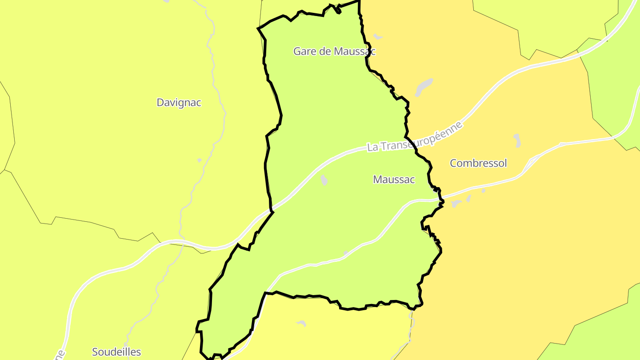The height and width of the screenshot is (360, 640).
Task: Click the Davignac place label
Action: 179,103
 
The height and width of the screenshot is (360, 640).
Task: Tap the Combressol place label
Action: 478,163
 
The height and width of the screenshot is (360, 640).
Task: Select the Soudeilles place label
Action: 116,352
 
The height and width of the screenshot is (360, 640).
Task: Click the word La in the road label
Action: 373,147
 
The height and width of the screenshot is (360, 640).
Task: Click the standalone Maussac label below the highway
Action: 394,180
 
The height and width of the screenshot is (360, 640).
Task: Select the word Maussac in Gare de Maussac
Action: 354,52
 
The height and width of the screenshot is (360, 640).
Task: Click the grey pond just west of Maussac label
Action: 324,180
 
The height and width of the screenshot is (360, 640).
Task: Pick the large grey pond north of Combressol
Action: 424,87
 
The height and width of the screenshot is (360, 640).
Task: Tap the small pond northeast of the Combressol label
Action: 517,140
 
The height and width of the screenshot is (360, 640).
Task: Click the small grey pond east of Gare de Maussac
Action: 378,36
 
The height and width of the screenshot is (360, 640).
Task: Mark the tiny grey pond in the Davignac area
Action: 200,160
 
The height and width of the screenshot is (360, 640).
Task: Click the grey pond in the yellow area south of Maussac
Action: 302,323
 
